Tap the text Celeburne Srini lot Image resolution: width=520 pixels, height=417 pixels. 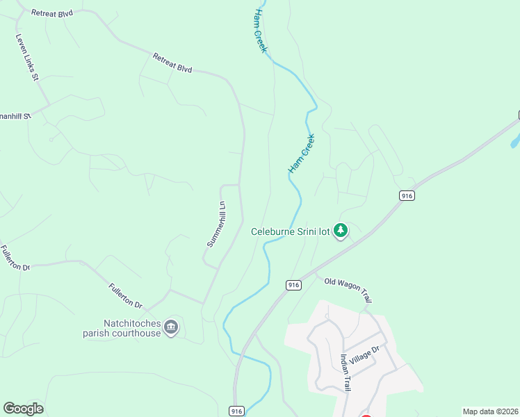(x=291, y=231)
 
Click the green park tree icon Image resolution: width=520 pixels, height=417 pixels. (x=341, y=230)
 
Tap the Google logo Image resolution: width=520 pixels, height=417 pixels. (x=23, y=409)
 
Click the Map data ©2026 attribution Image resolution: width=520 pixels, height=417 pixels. (x=489, y=411)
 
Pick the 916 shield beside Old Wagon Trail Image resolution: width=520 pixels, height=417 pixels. (x=293, y=285)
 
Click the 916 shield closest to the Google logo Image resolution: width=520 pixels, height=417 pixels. (x=237, y=411)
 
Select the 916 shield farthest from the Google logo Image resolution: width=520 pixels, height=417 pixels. (x=407, y=196)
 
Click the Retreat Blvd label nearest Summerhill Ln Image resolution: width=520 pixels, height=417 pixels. (x=172, y=63)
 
